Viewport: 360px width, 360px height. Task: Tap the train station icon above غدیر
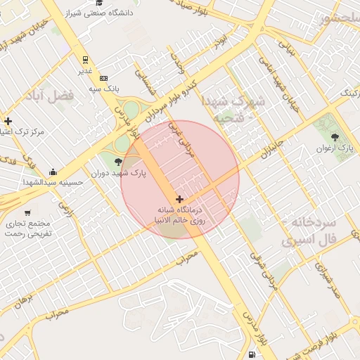(x=84, y=60)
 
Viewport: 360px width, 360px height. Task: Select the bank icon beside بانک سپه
(x=104, y=78)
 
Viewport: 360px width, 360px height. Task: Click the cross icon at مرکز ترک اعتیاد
(x=8, y=121)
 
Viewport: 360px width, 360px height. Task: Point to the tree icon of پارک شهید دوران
(x=117, y=162)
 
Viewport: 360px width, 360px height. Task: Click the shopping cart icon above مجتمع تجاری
(x=27, y=212)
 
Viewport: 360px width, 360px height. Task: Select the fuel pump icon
(x=252, y=354)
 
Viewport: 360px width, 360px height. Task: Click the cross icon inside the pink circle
(x=180, y=199)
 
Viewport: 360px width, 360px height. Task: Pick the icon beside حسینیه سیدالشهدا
(x=53, y=172)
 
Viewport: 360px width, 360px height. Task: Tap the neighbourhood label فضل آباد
(x=54, y=96)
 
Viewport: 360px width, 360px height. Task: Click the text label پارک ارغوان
(x=335, y=148)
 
